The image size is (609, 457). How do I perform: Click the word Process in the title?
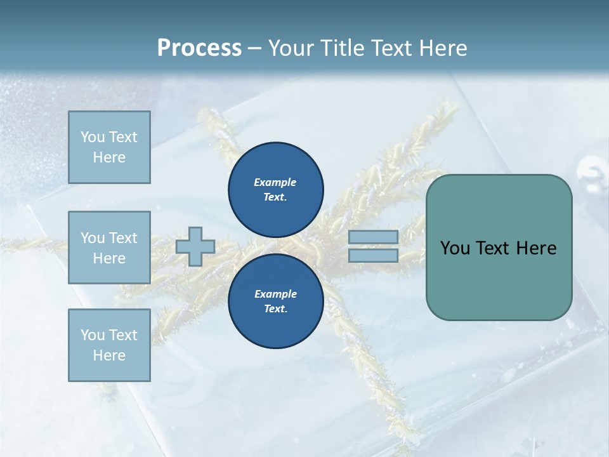pyautogui.click(x=199, y=48)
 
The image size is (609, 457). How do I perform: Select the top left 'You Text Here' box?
pyautogui.click(x=109, y=147)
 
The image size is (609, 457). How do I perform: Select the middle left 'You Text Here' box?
pyautogui.click(x=109, y=248)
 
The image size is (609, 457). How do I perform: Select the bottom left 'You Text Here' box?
pyautogui.click(x=109, y=345)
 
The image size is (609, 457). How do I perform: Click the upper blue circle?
pyautogui.click(x=276, y=189)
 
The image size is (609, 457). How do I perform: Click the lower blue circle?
pyautogui.click(x=276, y=301)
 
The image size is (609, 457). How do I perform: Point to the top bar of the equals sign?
pyautogui.click(x=373, y=237)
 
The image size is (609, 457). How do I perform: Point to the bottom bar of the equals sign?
pyautogui.click(x=373, y=256)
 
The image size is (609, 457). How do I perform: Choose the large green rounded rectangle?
pyautogui.click(x=499, y=279)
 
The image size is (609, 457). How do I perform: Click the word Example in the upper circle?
pyautogui.click(x=275, y=182)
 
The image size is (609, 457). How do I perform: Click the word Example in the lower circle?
pyautogui.click(x=275, y=294)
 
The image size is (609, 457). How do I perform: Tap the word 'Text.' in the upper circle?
pyautogui.click(x=275, y=197)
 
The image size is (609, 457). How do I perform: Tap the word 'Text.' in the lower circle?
pyautogui.click(x=275, y=308)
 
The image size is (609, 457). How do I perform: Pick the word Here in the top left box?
pyautogui.click(x=109, y=157)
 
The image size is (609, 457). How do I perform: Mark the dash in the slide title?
pyautogui.click(x=255, y=48)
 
